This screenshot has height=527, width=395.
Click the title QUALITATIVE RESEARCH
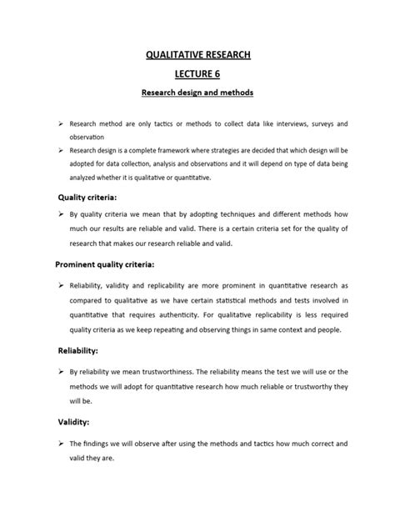coord(197,56)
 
